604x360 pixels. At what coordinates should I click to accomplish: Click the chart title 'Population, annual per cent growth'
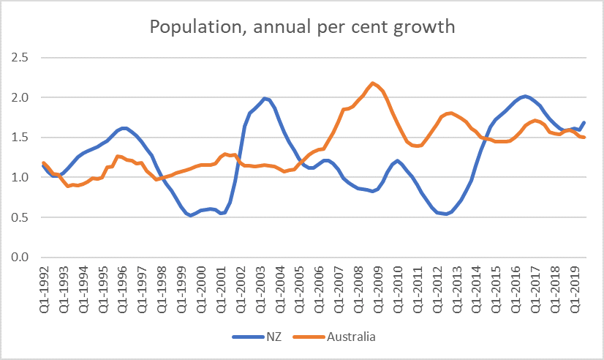[302, 28]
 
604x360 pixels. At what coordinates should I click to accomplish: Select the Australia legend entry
[342, 337]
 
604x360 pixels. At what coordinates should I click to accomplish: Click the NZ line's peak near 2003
[265, 98]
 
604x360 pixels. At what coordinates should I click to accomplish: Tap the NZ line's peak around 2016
[524, 96]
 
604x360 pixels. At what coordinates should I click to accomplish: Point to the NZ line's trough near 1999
[190, 215]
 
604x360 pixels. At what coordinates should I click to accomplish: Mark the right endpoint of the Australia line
[584, 138]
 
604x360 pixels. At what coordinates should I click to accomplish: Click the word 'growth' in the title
[426, 28]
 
